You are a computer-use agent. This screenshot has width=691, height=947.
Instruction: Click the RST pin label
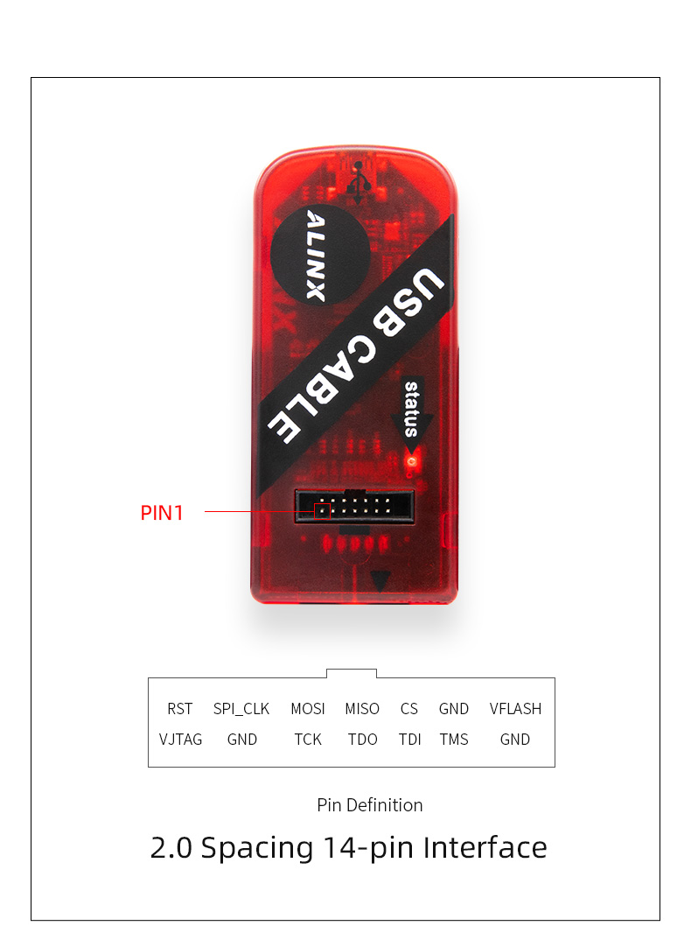[x=180, y=708]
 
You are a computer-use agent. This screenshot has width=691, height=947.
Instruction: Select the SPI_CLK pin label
[x=241, y=709]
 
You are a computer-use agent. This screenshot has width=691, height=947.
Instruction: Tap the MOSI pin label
[x=308, y=708]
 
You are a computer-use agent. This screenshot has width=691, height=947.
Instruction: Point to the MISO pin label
[x=362, y=708]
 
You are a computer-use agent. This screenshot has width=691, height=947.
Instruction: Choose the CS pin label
[x=409, y=708]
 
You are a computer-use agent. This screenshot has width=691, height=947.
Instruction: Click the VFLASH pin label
[x=515, y=708]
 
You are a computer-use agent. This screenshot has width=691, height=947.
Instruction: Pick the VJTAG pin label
[x=180, y=740]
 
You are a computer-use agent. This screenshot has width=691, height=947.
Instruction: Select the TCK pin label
[x=308, y=740]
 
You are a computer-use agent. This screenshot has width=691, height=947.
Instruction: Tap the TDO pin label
[x=363, y=740]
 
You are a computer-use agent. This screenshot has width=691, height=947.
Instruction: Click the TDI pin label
[x=409, y=740]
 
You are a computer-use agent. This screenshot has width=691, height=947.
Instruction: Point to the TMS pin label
[x=454, y=740]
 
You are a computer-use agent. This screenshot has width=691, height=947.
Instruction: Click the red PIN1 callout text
[x=162, y=513]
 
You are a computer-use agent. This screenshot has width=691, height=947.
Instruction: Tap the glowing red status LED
[x=412, y=461]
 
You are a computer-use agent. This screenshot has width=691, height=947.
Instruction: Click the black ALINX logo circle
[x=320, y=255]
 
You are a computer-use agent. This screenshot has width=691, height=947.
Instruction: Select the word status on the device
[x=412, y=409]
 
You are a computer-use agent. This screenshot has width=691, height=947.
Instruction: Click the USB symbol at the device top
[x=359, y=182]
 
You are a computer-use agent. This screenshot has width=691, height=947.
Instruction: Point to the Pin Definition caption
[x=370, y=805]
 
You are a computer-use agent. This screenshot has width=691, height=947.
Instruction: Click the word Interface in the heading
[x=485, y=847]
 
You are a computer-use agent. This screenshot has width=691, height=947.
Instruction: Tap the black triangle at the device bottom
[x=380, y=581]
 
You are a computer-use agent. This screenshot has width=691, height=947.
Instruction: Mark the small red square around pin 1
[x=322, y=511]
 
